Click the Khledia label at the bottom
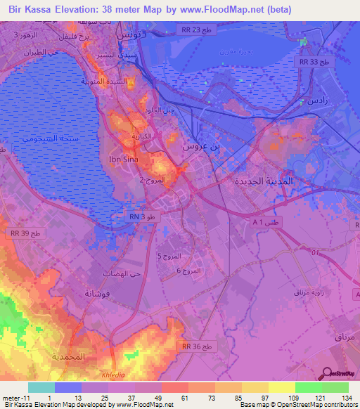tap(112, 375)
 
